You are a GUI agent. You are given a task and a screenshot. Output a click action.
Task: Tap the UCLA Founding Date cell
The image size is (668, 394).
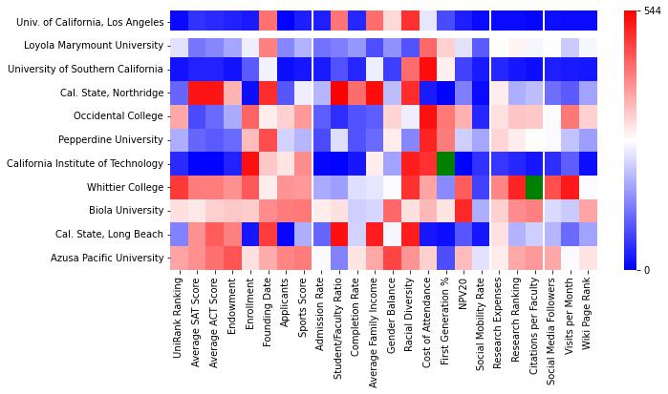click(x=269, y=20)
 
